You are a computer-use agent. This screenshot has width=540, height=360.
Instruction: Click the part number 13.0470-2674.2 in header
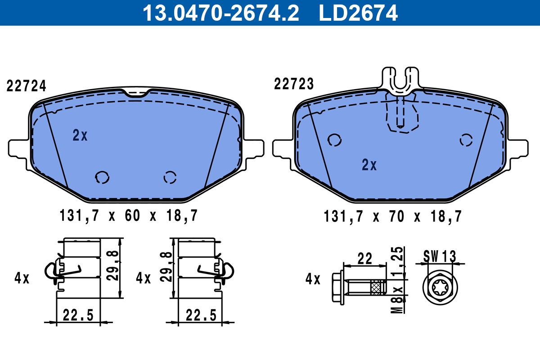tap(220, 13)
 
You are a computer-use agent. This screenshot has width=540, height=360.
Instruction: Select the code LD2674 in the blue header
tap(358, 13)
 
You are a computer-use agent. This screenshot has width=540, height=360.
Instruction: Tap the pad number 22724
tap(27, 85)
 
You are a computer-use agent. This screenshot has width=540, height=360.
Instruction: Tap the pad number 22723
tap(294, 84)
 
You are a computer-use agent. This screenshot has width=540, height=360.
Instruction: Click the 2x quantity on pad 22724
tap(80, 135)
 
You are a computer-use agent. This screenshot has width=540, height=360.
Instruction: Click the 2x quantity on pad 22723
tap(369, 165)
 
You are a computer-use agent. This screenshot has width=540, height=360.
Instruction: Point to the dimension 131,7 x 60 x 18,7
tap(128, 216)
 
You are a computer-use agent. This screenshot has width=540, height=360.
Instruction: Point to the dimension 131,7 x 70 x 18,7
tap(392, 217)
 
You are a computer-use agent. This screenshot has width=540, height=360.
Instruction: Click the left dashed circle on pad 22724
tap(102, 177)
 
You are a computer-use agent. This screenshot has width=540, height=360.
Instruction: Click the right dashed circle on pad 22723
tap(466, 140)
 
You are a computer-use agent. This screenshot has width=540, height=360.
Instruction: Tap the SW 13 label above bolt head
tap(439, 256)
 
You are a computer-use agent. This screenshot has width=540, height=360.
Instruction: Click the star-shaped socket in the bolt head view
tap(439, 288)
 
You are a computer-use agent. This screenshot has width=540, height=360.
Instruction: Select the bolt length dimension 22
tap(364, 258)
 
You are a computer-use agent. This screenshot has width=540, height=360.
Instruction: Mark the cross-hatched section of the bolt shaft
tap(377, 286)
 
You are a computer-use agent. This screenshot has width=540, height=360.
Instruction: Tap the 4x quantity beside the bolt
tap(312, 279)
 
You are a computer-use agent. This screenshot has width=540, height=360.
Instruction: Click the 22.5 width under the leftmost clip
tap(78, 315)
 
